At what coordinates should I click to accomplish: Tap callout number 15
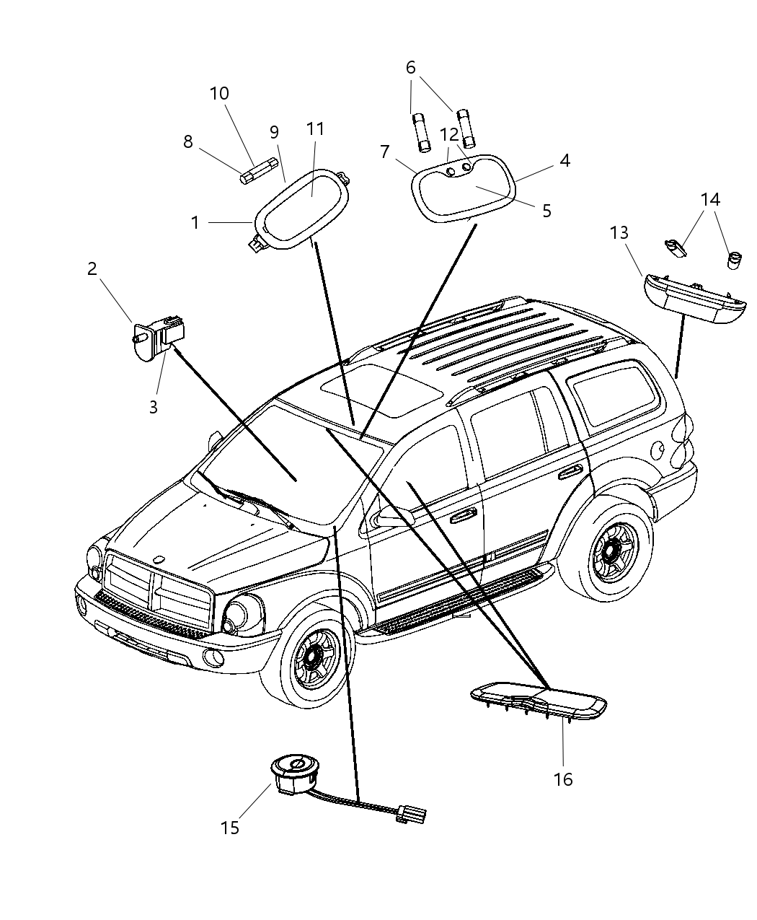pyautogui.click(x=229, y=828)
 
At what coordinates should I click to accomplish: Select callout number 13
pyautogui.click(x=619, y=233)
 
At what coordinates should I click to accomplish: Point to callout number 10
pyautogui.click(x=219, y=94)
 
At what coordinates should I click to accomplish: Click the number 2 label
pyautogui.click(x=92, y=269)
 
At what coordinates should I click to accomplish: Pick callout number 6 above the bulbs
pyautogui.click(x=411, y=68)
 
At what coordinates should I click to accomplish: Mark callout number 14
pyautogui.click(x=710, y=199)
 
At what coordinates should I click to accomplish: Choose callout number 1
pyautogui.click(x=195, y=223)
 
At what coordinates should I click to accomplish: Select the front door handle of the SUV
pyautogui.click(x=462, y=515)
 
